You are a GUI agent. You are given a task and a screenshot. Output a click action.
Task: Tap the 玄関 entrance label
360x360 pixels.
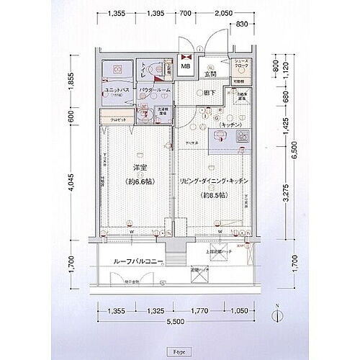click(x=210, y=74)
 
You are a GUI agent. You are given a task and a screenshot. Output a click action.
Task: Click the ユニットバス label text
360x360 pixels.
click(x=116, y=91)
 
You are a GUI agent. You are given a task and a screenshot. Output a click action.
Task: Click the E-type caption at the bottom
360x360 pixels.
click(x=179, y=351)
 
